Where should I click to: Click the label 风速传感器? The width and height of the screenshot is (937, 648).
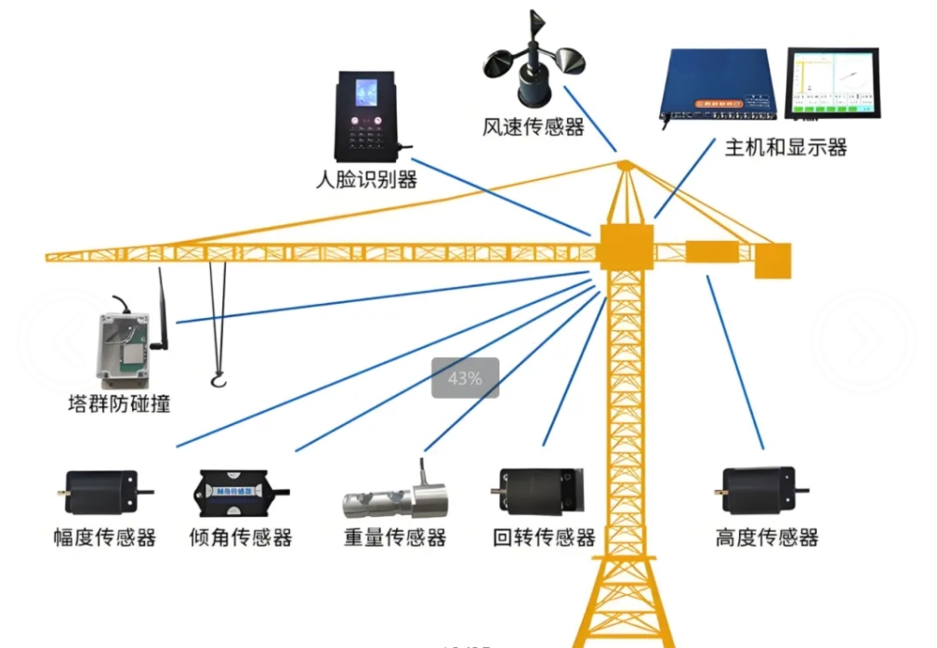pyautogui.click(x=534, y=126)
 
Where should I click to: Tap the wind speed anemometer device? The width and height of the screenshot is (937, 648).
pyautogui.click(x=533, y=67)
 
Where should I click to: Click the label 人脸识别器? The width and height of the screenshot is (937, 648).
pyautogui.click(x=365, y=179)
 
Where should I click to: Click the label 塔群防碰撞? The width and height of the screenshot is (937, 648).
pyautogui.click(x=119, y=404)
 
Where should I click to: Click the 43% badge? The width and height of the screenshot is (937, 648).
pyautogui.click(x=465, y=378)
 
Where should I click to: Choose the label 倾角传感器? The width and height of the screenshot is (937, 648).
pyautogui.click(x=241, y=537)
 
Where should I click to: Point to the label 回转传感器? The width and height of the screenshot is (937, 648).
pyautogui.click(x=544, y=537)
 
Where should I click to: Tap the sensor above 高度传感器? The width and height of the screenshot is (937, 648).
pyautogui.click(x=761, y=487)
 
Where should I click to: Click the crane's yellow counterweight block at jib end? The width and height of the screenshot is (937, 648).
pyautogui.click(x=772, y=260)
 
